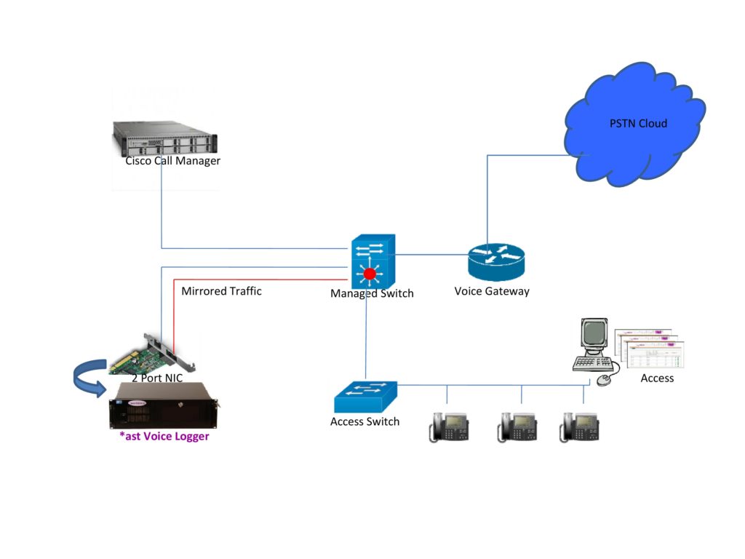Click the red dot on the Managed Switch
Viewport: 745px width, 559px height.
point(370,274)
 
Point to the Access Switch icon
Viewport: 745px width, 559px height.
point(366,397)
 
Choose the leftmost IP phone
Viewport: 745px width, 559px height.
point(449,427)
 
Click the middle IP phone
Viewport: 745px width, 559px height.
point(517,427)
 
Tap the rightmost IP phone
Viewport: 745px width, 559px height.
point(578,427)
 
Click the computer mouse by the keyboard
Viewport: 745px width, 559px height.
point(603,380)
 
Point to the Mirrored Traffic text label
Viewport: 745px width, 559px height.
point(221,291)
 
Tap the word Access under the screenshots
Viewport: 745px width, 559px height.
point(657,378)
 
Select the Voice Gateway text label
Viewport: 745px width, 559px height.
point(492,291)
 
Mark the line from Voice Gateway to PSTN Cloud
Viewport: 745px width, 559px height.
point(487,197)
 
